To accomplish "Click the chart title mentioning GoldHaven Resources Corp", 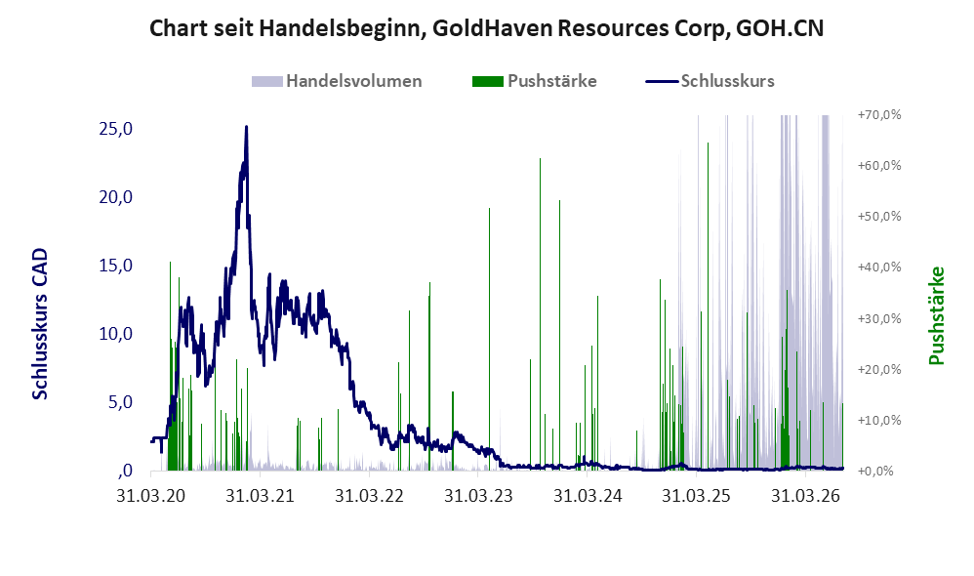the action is tap(486, 28).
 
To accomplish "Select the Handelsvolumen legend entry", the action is tap(337, 81).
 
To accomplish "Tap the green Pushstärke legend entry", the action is tap(534, 81).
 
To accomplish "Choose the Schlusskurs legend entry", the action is tap(710, 81).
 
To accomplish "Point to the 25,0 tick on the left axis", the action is tap(115, 129).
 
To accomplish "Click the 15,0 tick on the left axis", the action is tap(115, 266).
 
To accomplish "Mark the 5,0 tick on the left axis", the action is tap(120, 402).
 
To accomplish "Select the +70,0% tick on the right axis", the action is tap(879, 115).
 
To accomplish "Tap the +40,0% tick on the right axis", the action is tap(879, 267).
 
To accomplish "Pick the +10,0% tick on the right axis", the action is tap(879, 420).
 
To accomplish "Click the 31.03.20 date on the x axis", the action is tap(151, 496).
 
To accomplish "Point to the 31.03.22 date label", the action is tap(369, 496).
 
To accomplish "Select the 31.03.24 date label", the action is tap(587, 496).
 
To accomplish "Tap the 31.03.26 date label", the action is tap(805, 496).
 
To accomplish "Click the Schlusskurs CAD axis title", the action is tap(40, 324).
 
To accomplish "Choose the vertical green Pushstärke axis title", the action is tap(936, 315).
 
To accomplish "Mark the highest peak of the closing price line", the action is tap(247, 127).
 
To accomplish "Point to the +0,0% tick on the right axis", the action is tap(879, 471).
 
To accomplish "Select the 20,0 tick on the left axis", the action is tap(115, 197).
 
